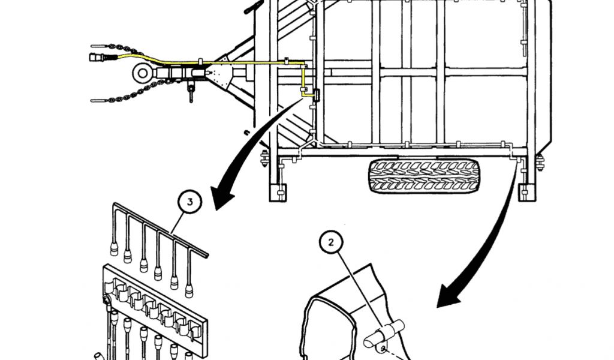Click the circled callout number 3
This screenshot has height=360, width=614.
(190, 202)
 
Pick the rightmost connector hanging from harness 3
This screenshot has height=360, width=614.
(189, 292)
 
